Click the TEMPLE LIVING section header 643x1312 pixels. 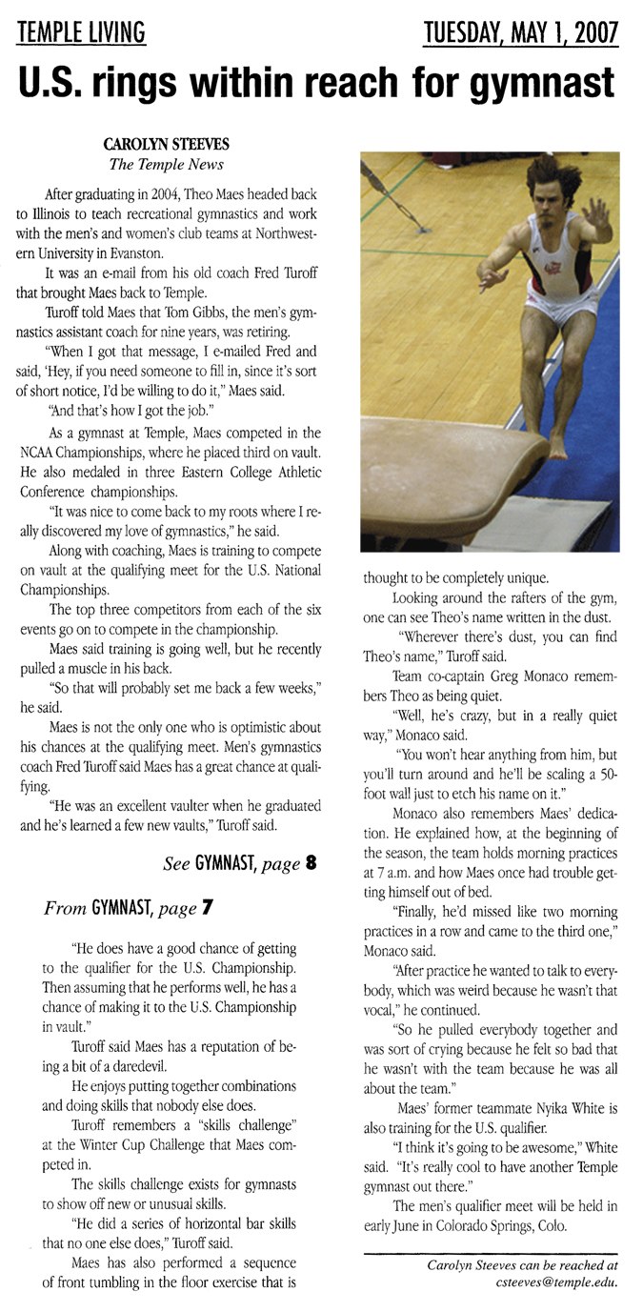pyautogui.click(x=81, y=33)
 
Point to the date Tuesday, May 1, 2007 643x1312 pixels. pyautogui.click(x=522, y=33)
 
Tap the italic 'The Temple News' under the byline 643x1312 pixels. pyautogui.click(x=167, y=164)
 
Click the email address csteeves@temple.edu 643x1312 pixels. pyautogui.click(x=555, y=1282)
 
